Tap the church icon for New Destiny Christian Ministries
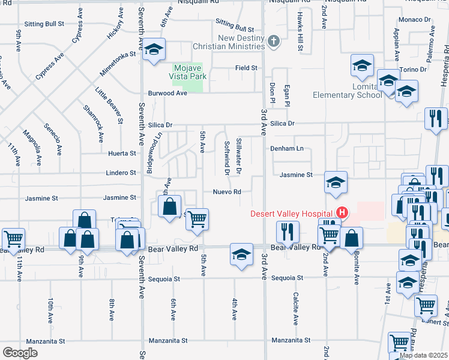point(274,41)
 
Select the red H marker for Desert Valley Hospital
point(342,212)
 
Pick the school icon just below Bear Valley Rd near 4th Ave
point(241,254)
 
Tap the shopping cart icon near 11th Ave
point(13,238)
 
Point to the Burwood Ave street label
point(168,94)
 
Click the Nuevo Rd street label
point(227,192)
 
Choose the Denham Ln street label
point(287,148)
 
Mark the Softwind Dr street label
point(226,158)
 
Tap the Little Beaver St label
point(109,105)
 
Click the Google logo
point(20,353)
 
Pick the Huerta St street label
point(121,154)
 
